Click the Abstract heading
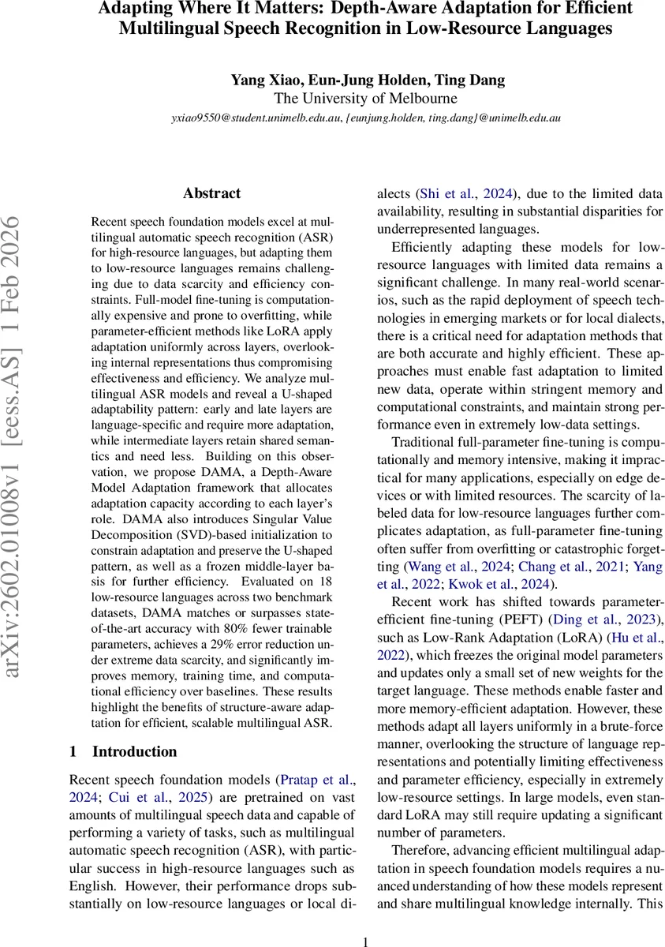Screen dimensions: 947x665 [x=211, y=193]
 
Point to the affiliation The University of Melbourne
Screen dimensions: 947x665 [x=364, y=99]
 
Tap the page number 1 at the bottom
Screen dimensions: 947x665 [x=364, y=941]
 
